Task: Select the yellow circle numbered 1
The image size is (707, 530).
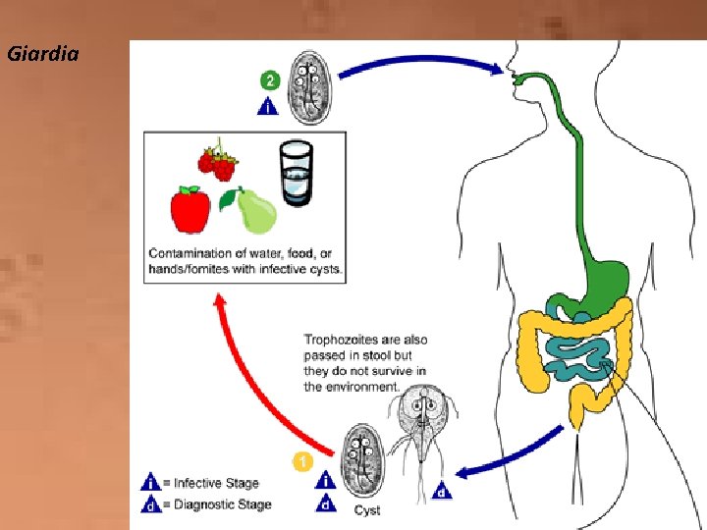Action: [x=304, y=459]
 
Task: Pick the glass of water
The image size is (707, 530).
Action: [x=296, y=174]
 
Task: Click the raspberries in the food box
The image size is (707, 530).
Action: [x=218, y=163]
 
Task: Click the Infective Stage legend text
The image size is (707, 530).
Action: [x=215, y=483]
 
